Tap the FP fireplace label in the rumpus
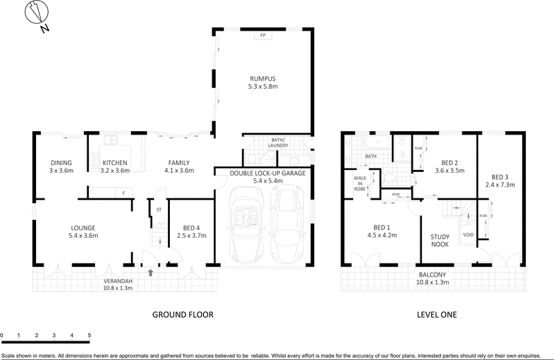263,35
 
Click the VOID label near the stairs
468,234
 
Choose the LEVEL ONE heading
436,314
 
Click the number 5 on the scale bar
89,335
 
